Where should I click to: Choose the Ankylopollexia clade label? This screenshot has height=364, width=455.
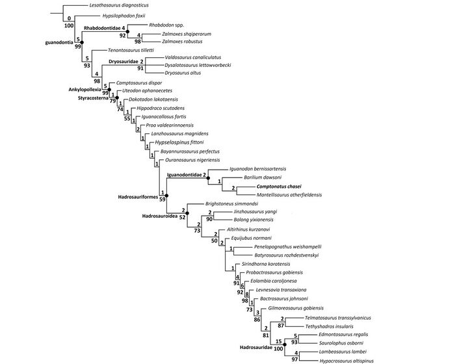point(84,89)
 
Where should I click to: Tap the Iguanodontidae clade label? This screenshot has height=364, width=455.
point(185,174)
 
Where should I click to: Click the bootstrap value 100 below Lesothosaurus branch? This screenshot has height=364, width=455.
point(69,25)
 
